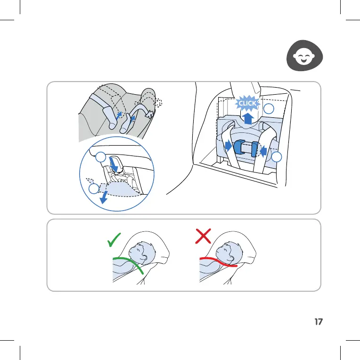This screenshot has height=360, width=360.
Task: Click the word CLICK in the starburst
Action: point(246,103)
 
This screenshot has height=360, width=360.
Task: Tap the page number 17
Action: point(318,322)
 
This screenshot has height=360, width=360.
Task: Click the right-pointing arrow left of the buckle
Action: point(229,147)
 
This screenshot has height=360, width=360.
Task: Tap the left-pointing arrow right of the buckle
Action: point(263,150)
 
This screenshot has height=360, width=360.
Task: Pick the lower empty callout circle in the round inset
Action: point(93,189)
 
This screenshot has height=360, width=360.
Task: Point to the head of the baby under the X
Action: point(229,254)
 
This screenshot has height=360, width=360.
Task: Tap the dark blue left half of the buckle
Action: point(239,147)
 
